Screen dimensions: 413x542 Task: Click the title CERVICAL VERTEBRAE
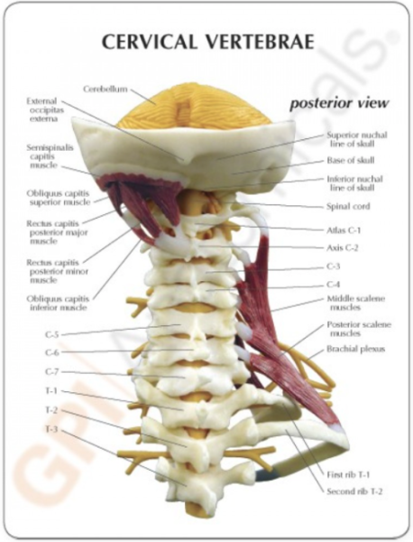click(208, 42)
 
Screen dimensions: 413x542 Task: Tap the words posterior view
click(339, 103)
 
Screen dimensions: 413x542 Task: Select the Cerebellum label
click(106, 89)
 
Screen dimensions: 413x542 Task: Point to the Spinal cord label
click(348, 206)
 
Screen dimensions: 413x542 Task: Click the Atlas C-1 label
click(344, 230)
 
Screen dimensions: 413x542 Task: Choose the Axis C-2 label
click(343, 248)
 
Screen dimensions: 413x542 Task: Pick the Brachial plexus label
click(355, 349)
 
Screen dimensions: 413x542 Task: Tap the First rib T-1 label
click(348, 474)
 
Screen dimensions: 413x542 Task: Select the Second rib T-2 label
click(354, 491)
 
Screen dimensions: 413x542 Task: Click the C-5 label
click(51, 334)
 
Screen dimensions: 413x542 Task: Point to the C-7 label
click(51, 372)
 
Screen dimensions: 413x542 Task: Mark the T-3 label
click(51, 429)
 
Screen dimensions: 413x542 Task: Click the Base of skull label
click(351, 161)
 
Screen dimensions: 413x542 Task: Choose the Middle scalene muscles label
click(355, 304)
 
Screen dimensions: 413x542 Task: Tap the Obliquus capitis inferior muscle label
click(58, 304)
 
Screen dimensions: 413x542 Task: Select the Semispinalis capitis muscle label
click(50, 156)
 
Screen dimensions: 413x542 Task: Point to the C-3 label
click(334, 266)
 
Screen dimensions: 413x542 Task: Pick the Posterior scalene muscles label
click(359, 329)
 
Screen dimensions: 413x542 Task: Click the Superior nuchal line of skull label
click(357, 139)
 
